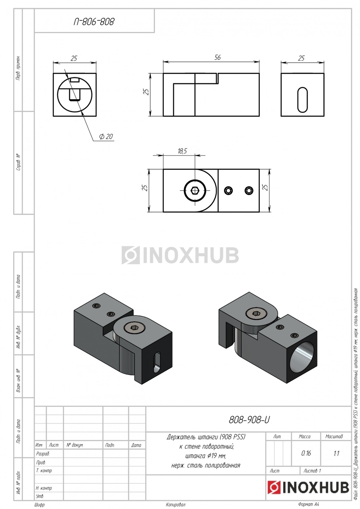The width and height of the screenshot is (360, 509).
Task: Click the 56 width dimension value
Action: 217,57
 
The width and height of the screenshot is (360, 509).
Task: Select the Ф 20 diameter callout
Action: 106,137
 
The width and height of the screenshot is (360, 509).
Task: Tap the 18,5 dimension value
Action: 182,151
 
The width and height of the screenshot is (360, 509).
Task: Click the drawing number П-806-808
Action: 94,22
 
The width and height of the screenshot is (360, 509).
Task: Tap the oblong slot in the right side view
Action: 302,100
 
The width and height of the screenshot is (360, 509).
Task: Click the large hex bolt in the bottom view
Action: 195,190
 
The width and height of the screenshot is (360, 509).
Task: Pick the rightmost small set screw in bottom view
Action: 249,190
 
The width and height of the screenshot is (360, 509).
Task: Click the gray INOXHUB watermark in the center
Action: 180,255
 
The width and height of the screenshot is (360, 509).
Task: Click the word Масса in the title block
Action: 304,436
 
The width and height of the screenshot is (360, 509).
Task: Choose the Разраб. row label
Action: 43,454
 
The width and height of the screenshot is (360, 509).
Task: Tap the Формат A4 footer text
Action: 308,504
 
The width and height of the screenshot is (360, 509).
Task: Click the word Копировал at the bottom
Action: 176,505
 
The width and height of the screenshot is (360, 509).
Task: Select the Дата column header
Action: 136,445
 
